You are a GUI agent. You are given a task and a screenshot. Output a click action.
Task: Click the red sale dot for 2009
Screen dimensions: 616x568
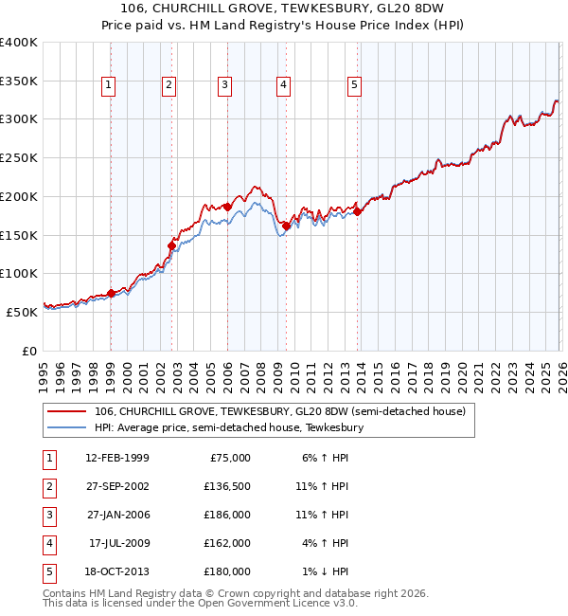tap(286, 226)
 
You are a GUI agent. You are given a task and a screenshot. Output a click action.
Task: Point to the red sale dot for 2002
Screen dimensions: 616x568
tap(172, 245)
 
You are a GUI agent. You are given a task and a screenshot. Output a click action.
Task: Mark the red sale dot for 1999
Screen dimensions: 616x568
tap(112, 293)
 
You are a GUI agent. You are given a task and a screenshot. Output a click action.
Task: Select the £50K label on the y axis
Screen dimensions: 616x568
tap(22, 312)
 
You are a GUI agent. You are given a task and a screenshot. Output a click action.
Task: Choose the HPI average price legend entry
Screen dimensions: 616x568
tap(227, 428)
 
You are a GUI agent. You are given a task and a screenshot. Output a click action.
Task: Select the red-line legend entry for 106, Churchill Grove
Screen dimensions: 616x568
tap(279, 412)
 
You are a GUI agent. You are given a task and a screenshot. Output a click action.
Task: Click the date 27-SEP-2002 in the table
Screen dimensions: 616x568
tap(117, 487)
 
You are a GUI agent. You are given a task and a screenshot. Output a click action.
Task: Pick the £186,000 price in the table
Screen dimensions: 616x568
tap(228, 515)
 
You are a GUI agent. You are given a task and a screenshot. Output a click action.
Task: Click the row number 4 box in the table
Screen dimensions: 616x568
tap(48, 543)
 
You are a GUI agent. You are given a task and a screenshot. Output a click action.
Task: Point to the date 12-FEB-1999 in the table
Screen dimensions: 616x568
tap(117, 458)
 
